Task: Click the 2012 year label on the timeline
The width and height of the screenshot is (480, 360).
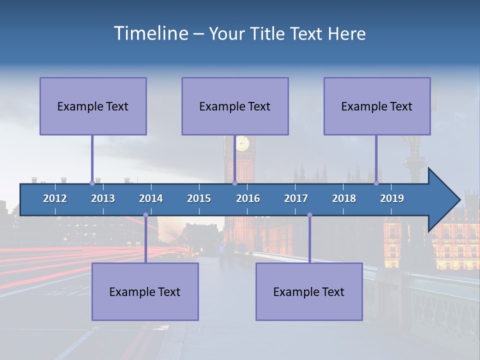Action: pos(55,198)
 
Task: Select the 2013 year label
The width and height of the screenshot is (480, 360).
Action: pos(103,198)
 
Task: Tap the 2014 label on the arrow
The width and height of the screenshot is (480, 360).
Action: pos(151,198)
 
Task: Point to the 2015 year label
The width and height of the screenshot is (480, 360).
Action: pos(199,198)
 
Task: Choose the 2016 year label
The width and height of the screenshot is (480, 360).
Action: pos(248,198)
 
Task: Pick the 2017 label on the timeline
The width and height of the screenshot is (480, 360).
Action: pos(296,198)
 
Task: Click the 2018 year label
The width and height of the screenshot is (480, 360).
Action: pos(344,198)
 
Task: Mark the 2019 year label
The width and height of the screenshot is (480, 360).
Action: pos(392,198)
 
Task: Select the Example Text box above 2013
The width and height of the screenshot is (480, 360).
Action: pos(93,106)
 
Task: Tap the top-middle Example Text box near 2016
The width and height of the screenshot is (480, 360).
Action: pos(235,106)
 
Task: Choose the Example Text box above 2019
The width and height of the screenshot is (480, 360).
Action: pos(377,106)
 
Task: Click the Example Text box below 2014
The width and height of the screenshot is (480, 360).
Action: pos(145,291)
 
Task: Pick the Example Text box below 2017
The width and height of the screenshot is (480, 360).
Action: pos(309,291)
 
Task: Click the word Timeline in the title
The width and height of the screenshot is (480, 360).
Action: pos(150,33)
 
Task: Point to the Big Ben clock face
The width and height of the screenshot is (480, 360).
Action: pos(242,143)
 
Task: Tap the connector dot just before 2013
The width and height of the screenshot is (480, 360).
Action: pos(92,183)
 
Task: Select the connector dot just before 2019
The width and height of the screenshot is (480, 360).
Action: pos(376,183)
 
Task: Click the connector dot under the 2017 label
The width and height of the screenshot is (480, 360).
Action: pos(309,215)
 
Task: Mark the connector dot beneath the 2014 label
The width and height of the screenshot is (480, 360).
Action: pos(145,215)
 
